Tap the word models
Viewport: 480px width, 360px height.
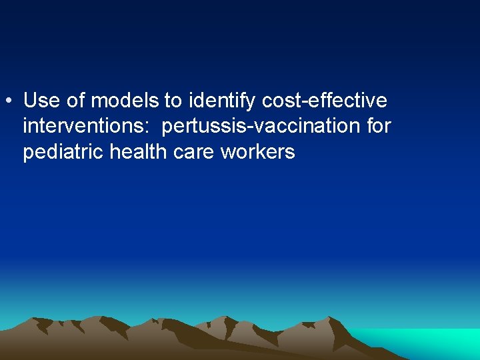(x=125, y=101)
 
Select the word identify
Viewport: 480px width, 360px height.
(x=222, y=101)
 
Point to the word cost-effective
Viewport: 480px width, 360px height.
(x=325, y=101)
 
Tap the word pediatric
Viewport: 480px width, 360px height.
(x=63, y=153)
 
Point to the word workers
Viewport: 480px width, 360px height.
(x=257, y=152)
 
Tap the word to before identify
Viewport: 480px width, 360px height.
(x=173, y=101)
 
